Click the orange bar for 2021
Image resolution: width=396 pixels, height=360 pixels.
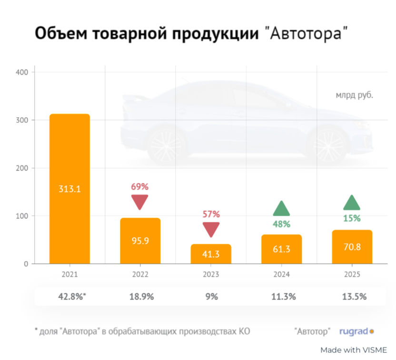click(x=69, y=189)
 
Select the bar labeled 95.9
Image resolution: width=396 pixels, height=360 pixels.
click(x=140, y=241)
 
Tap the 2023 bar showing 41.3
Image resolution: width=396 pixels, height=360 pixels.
click(x=211, y=254)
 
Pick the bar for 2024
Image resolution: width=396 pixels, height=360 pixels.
click(x=282, y=249)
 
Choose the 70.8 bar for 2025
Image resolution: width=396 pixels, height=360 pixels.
click(x=352, y=247)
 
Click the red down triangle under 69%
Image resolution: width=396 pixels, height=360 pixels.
click(x=139, y=201)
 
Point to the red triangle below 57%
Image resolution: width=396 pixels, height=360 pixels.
click(x=211, y=229)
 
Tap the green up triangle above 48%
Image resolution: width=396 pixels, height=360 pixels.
click(x=281, y=209)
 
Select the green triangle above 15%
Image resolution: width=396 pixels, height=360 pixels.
click(x=352, y=203)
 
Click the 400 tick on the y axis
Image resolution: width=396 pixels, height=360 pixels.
click(x=22, y=72)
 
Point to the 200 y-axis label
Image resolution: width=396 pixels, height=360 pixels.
click(x=22, y=168)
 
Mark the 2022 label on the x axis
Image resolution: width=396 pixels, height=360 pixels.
click(x=140, y=274)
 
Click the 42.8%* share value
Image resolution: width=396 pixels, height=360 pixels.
click(x=72, y=296)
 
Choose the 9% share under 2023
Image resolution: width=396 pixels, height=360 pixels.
click(x=212, y=296)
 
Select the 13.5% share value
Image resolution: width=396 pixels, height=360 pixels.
click(x=354, y=296)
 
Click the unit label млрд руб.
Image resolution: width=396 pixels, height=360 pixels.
click(x=354, y=96)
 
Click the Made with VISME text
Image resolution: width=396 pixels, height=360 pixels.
click(x=354, y=350)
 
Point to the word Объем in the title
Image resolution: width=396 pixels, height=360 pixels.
click(x=61, y=33)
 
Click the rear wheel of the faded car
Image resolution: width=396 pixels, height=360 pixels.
click(x=167, y=146)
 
